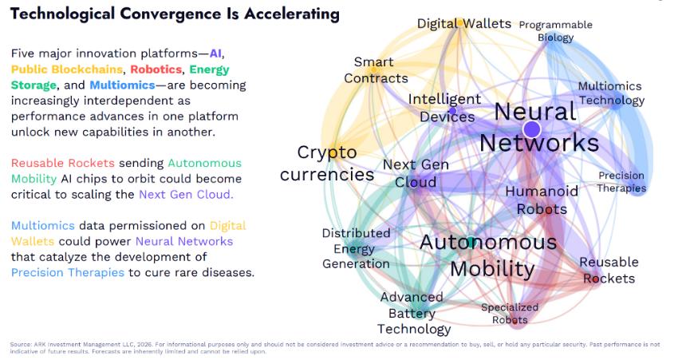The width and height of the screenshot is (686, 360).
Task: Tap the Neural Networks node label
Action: pyautogui.click(x=539, y=127)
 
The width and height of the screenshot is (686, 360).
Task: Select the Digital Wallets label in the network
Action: pyautogui.click(x=463, y=23)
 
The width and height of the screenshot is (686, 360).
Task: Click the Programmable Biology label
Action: pyautogui.click(x=555, y=31)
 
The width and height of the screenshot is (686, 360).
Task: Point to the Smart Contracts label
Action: pyautogui.click(x=380, y=70)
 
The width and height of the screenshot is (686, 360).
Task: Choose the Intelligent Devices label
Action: pyautogui.click(x=444, y=108)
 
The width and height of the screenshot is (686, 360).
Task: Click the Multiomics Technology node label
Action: pyautogui.click(x=610, y=93)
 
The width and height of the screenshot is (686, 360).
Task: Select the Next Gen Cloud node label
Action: pyautogui.click(x=416, y=173)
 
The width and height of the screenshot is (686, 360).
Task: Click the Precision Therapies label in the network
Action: pyautogui.click(x=621, y=182)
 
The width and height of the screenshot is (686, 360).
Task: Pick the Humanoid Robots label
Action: pyautogui.click(x=542, y=200)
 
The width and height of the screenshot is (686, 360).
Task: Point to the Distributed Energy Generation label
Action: pyautogui.click(x=356, y=248)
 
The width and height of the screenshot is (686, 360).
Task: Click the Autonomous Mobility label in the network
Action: pyautogui.click(x=488, y=255)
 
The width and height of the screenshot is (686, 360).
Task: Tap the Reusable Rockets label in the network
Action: pyautogui.click(x=609, y=270)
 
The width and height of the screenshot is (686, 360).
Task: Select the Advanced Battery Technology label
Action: pyautogui.click(x=413, y=313)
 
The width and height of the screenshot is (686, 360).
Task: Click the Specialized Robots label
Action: pyautogui.click(x=510, y=313)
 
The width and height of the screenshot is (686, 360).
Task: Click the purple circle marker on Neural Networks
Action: pyautogui.click(x=532, y=129)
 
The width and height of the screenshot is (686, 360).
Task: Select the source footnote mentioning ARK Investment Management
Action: pyautogui.click(x=335, y=347)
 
